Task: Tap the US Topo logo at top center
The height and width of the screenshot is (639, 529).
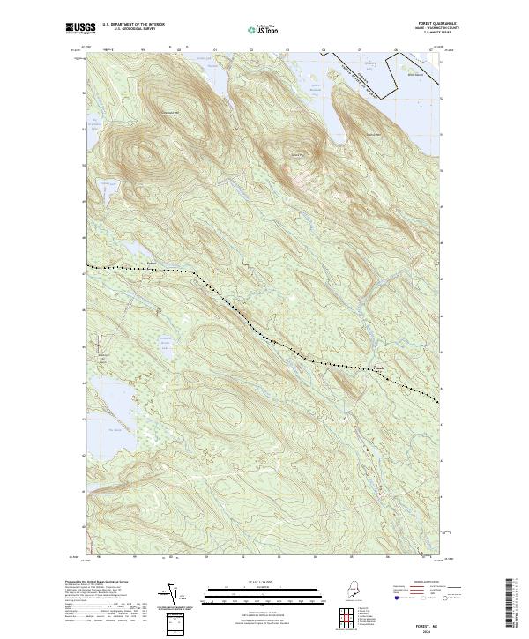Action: (264, 29)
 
